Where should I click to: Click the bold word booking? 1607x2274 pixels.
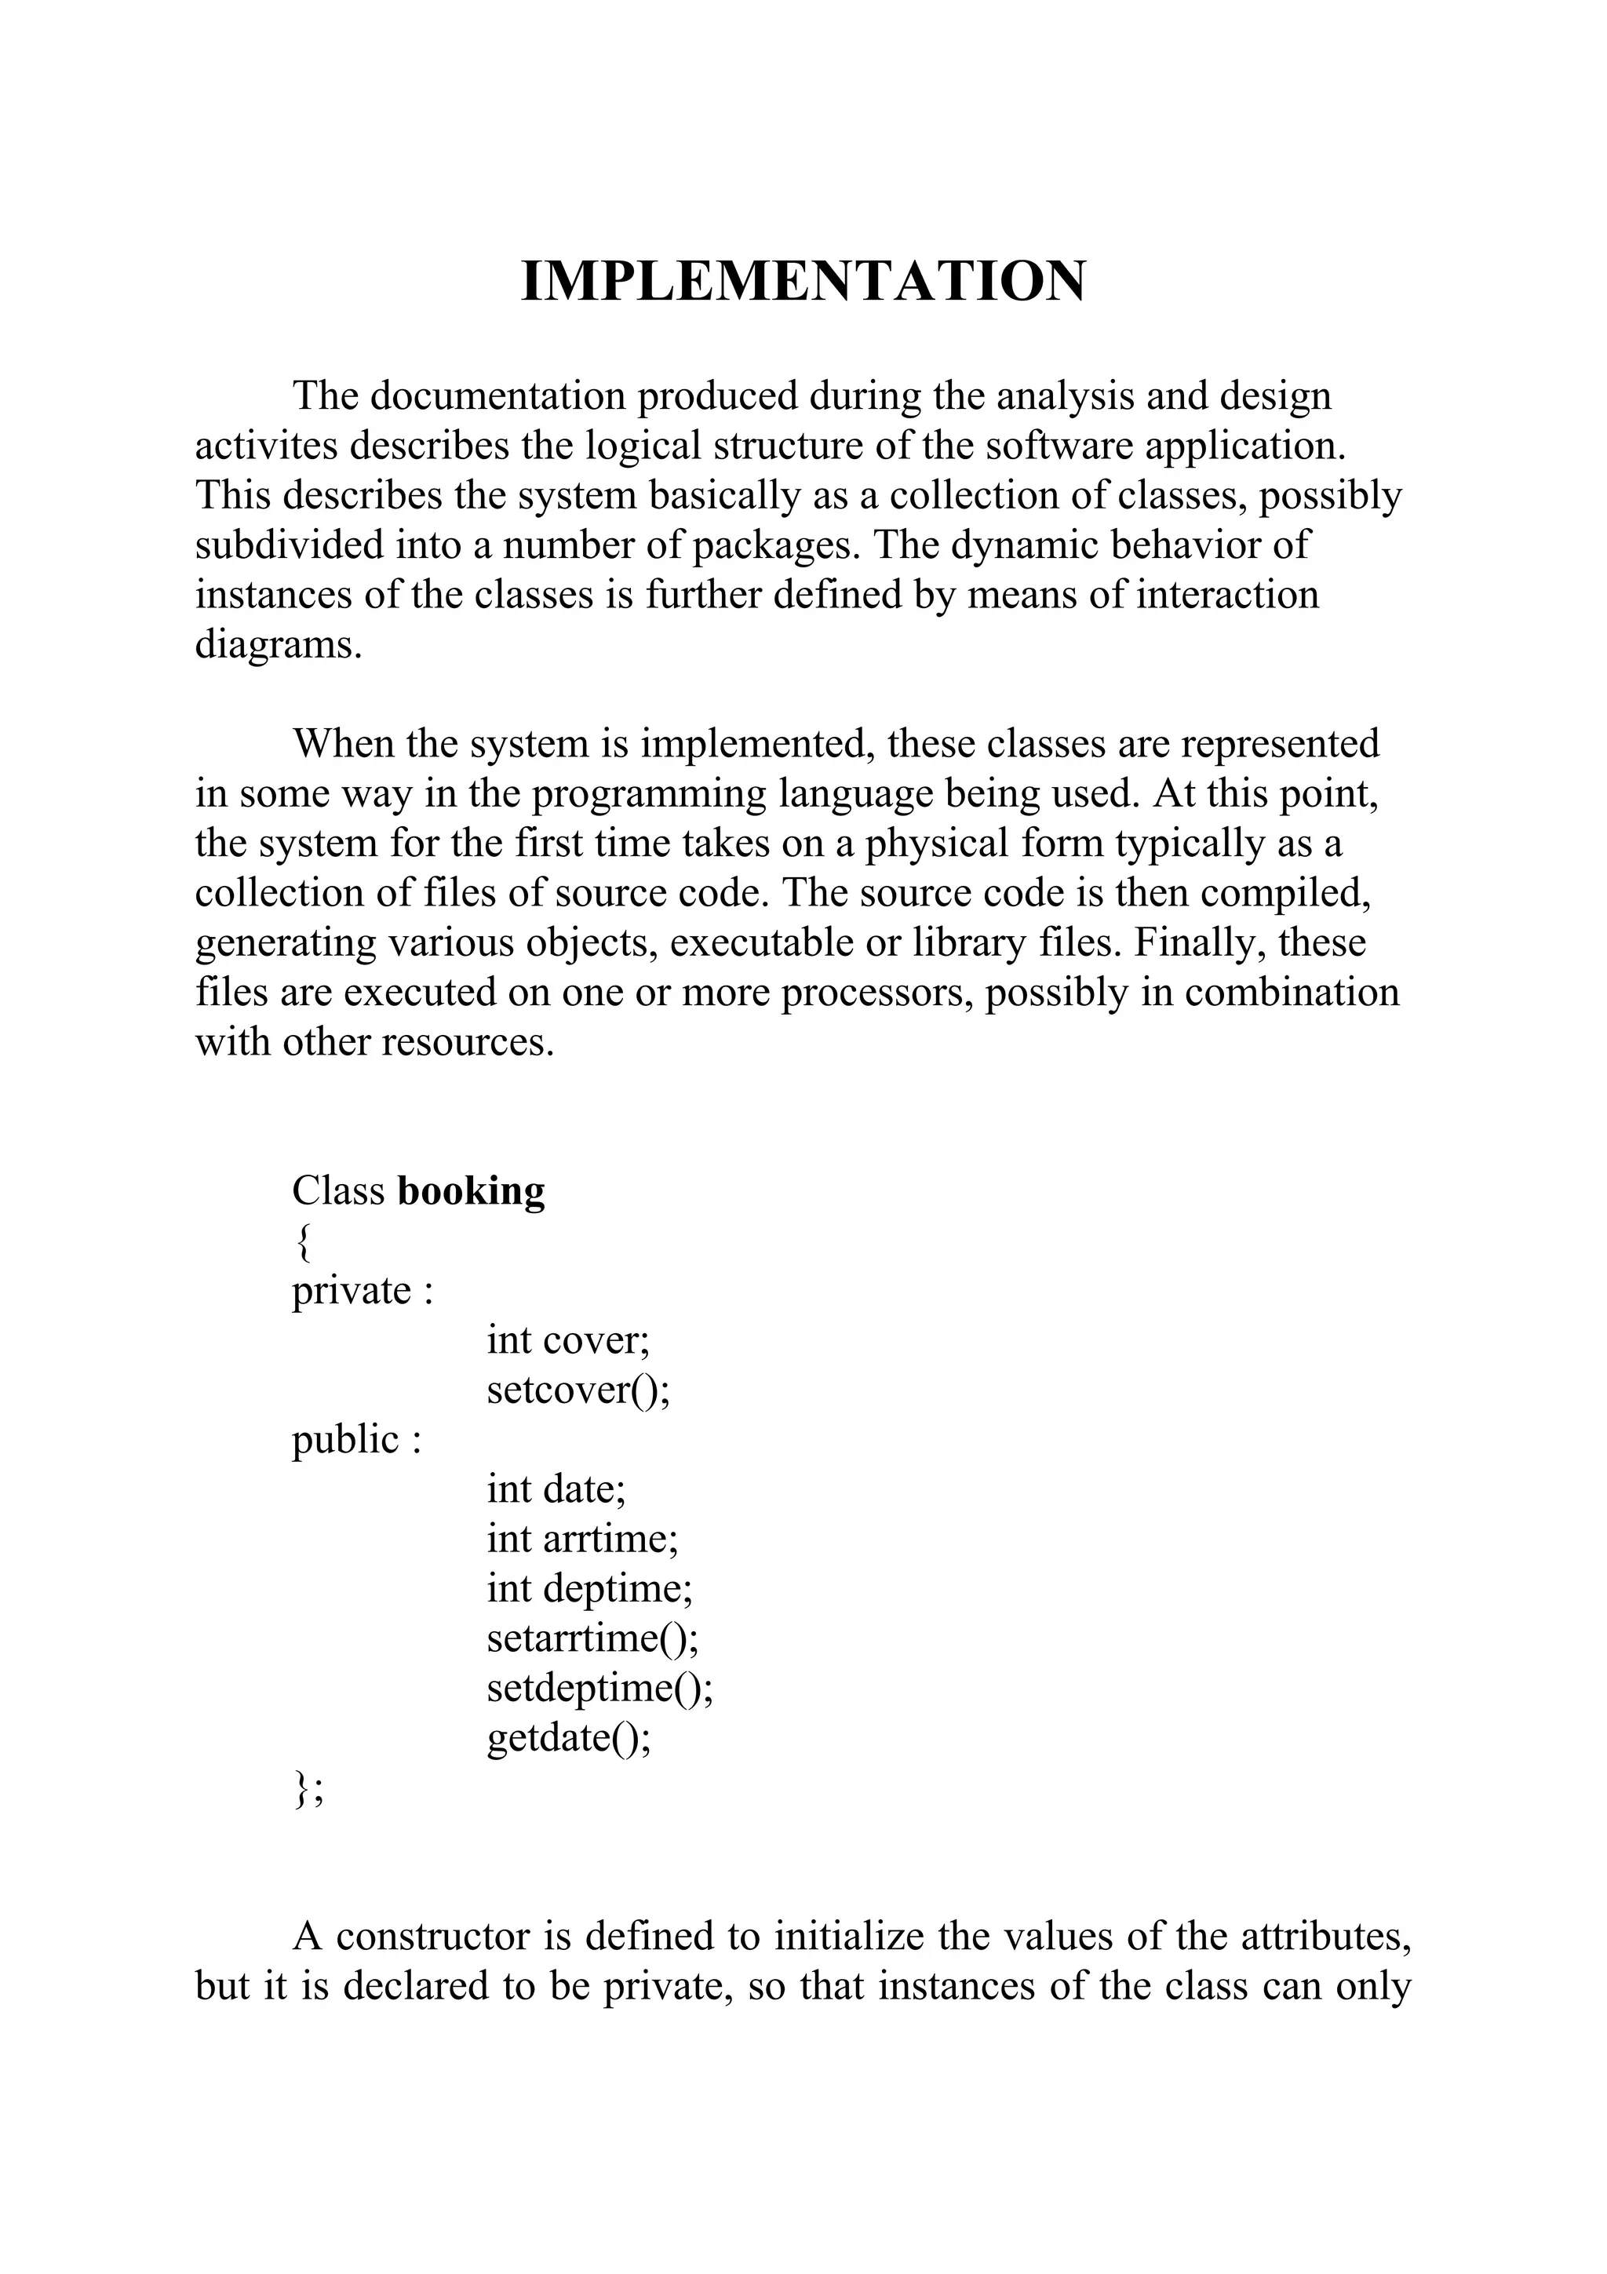click(x=470, y=1190)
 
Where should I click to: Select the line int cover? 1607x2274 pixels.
click(x=567, y=1340)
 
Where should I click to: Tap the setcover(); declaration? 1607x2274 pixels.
click(x=578, y=1390)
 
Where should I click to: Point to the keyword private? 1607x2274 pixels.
click(x=351, y=1291)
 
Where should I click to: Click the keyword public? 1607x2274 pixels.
click(x=344, y=1439)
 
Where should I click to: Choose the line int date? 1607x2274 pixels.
click(x=556, y=1489)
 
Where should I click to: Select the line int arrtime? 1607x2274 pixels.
click(x=582, y=1538)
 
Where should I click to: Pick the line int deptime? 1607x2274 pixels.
click(x=590, y=1587)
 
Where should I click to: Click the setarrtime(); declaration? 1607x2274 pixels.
click(x=592, y=1637)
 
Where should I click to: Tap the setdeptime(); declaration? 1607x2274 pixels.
click(x=600, y=1687)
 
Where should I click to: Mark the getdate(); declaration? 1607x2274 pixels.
click(x=570, y=1737)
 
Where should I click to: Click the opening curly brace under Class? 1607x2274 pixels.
click(x=302, y=1242)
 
